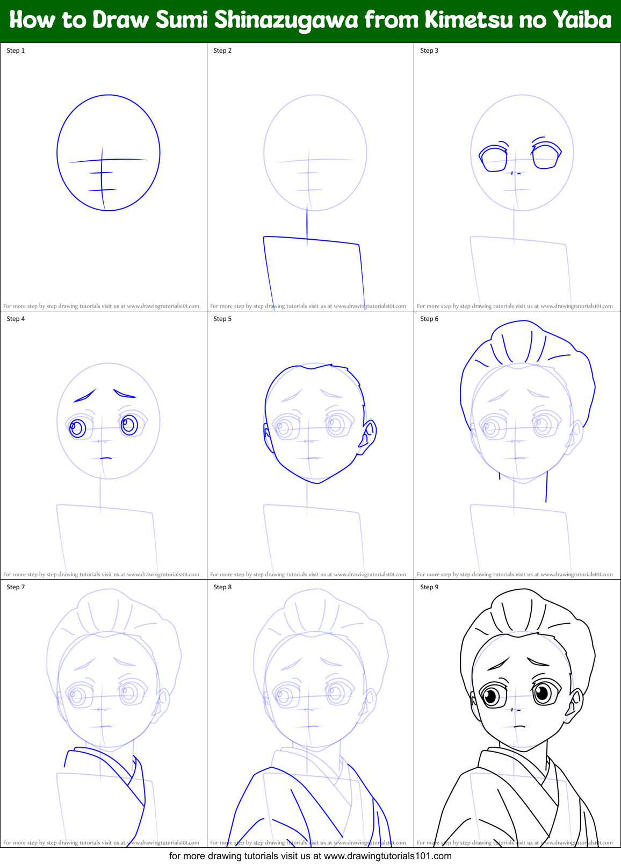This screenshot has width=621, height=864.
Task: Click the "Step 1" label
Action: click(16, 51)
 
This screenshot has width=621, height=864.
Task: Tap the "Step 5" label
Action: click(222, 319)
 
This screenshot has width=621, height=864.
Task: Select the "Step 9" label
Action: click(429, 587)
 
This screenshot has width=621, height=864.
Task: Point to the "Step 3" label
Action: click(429, 51)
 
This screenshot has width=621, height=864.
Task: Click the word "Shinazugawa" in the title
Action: click(286, 20)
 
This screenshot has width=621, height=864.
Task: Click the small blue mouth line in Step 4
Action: click(106, 458)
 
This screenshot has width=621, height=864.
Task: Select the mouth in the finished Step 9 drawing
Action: click(519, 726)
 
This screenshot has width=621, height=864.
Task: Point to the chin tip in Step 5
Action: click(317, 483)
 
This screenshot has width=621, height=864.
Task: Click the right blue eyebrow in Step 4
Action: click(125, 394)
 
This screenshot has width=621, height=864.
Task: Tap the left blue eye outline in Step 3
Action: click(493, 159)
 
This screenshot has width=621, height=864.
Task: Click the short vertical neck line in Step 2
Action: click(307, 223)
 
